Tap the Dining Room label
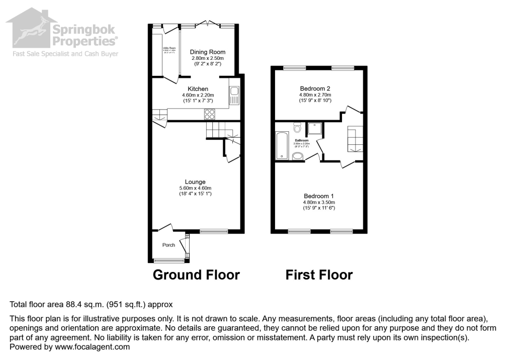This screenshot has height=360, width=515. [207, 52]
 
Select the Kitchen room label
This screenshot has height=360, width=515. [198, 89]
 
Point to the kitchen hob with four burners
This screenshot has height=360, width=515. [210, 115]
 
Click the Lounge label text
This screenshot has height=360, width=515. [195, 182]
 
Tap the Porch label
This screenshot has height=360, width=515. [168, 245]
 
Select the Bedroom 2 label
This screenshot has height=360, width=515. [315, 88]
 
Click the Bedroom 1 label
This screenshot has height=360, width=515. [319, 196]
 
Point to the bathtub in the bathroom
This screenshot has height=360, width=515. [281, 145]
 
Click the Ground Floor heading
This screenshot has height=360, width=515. [196, 275]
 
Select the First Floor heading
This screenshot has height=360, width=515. [319, 275]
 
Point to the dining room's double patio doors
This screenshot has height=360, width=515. [208, 24]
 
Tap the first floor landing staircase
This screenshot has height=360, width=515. [355, 139]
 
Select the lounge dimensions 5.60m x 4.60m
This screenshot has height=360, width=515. [195, 188]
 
